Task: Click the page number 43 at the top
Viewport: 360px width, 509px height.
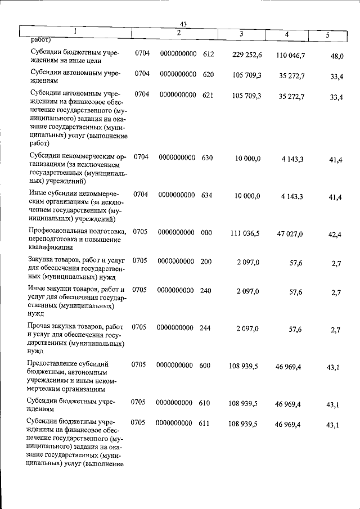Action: click(183, 23)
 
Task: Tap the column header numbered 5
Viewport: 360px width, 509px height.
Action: click(328, 35)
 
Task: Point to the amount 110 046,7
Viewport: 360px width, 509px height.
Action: click(291, 55)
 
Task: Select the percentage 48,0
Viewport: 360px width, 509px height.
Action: click(337, 56)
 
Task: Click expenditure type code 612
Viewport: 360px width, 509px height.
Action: click(209, 53)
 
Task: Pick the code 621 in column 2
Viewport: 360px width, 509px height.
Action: click(208, 96)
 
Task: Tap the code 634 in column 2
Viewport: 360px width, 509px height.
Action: click(206, 195)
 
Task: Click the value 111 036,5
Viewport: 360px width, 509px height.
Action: click(245, 233)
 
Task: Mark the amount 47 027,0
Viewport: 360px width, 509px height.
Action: click(289, 234)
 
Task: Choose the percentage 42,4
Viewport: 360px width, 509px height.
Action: click(335, 235)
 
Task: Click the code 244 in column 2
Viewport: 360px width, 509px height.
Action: click(205, 327)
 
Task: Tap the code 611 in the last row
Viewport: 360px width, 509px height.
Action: click(204, 422)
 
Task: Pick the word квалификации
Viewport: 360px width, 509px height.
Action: click(49, 247)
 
